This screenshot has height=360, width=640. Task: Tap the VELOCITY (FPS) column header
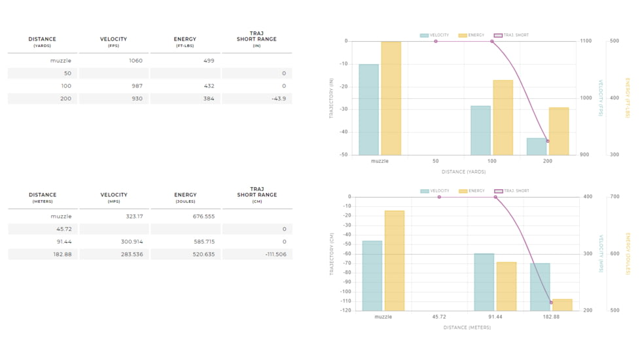click(x=113, y=42)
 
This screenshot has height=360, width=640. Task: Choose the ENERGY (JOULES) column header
click(x=185, y=198)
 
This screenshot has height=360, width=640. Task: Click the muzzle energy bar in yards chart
click(x=391, y=98)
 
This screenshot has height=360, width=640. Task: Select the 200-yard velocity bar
click(x=537, y=147)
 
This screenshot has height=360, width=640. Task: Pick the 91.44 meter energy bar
click(x=507, y=286)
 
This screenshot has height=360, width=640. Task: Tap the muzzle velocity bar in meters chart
click(x=372, y=276)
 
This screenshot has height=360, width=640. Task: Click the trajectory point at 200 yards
click(x=548, y=141)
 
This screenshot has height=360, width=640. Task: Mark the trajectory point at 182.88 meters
click(x=552, y=302)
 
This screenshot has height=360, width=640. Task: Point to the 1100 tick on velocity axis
click(x=585, y=41)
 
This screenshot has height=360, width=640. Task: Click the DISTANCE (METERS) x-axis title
click(x=467, y=327)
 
